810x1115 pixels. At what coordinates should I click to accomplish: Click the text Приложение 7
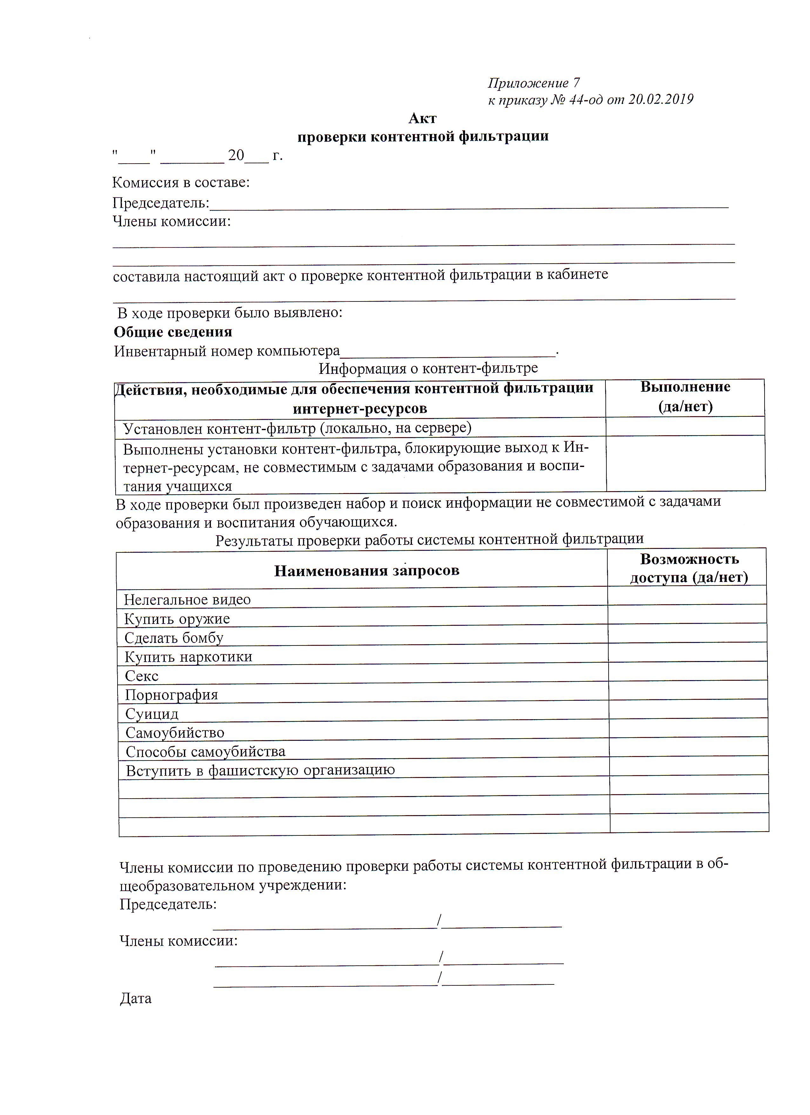pyautogui.click(x=533, y=83)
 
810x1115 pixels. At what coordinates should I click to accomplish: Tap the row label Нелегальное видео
pyautogui.click(x=187, y=599)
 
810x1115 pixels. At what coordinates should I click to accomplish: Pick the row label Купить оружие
pyautogui.click(x=177, y=618)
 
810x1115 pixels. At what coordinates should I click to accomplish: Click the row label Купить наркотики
pyautogui.click(x=188, y=657)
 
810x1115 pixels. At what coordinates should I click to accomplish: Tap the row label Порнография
pyautogui.click(x=171, y=695)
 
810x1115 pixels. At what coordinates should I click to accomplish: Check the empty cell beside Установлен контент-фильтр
pyautogui.click(x=685, y=427)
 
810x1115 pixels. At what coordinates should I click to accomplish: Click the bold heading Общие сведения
pyautogui.click(x=173, y=332)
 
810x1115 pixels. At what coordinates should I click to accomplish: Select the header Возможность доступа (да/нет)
pyautogui.click(x=689, y=568)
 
